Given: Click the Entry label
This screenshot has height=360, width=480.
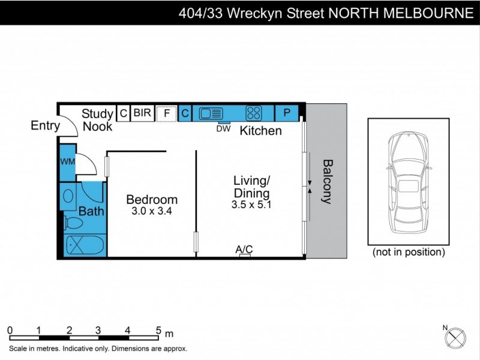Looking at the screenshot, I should (46, 126).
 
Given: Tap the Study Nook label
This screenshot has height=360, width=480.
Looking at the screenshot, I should (98, 120).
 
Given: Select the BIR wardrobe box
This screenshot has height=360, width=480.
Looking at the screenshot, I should (142, 113).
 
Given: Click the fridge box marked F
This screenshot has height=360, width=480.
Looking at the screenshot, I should (166, 113).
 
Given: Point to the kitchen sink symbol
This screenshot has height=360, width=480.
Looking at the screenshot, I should (211, 113).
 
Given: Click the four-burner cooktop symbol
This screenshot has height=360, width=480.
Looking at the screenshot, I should (254, 113).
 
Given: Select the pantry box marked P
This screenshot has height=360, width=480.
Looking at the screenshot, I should (287, 113).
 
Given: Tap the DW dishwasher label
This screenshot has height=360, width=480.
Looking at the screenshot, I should (223, 128).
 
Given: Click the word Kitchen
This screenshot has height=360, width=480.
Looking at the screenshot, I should (261, 131).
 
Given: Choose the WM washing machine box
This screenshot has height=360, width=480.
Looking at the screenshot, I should (67, 162).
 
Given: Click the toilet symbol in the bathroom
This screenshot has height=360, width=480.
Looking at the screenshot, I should (73, 224).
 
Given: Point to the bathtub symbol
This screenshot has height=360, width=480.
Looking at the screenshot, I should (84, 246).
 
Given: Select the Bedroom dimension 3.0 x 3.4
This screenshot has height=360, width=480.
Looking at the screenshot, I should (152, 211).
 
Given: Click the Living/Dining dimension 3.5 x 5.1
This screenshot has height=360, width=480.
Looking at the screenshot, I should (251, 205).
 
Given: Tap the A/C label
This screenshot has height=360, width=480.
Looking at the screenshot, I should (244, 249).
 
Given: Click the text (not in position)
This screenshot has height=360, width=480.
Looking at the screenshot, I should (409, 252).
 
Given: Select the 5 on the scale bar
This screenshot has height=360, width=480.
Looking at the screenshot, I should (158, 329).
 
